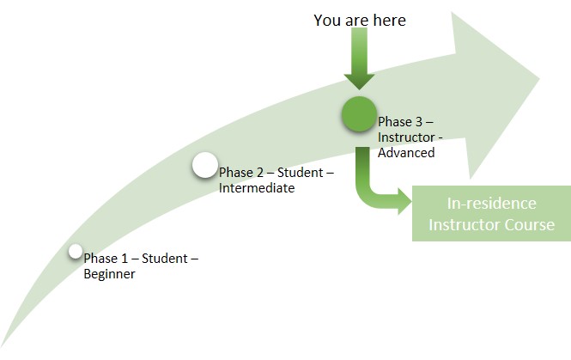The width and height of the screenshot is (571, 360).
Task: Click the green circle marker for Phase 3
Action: click(x=358, y=114)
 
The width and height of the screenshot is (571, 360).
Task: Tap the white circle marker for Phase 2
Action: click(x=204, y=165)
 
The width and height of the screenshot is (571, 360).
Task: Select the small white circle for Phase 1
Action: click(x=76, y=251)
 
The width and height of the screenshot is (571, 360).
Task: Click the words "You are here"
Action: click(x=360, y=20)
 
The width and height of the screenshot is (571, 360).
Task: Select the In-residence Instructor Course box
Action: click(x=491, y=214)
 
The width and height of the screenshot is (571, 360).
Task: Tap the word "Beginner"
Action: click(x=109, y=274)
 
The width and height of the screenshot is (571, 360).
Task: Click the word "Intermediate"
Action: click(x=257, y=188)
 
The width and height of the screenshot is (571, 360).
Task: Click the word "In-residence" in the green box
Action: click(x=492, y=204)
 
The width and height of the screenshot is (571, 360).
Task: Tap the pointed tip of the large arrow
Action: click(x=538, y=80)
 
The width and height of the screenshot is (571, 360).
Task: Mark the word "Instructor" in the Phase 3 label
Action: click(x=404, y=137)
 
